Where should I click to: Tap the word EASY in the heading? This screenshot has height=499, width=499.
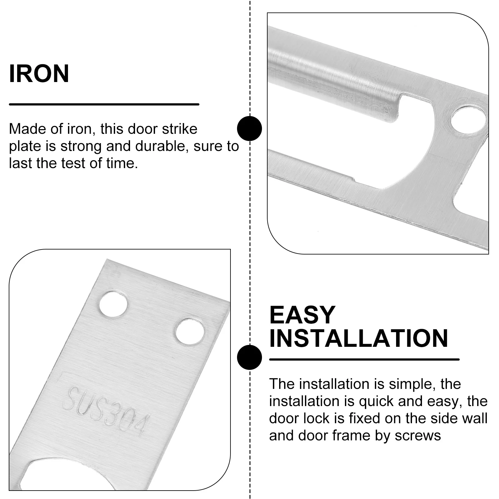click(302, 315)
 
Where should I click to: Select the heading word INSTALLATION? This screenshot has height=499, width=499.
click(358, 338)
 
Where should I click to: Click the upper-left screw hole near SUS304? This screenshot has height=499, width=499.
click(113, 304)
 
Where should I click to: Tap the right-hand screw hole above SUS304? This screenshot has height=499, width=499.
click(190, 331)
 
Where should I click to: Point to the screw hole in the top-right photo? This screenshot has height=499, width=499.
click(468, 120)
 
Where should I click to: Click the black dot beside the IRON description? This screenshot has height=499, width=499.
click(249, 128)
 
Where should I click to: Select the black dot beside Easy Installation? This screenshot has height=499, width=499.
click(249, 357)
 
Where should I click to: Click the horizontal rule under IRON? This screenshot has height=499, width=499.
click(104, 104)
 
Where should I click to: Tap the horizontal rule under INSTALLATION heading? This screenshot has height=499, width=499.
click(364, 359)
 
